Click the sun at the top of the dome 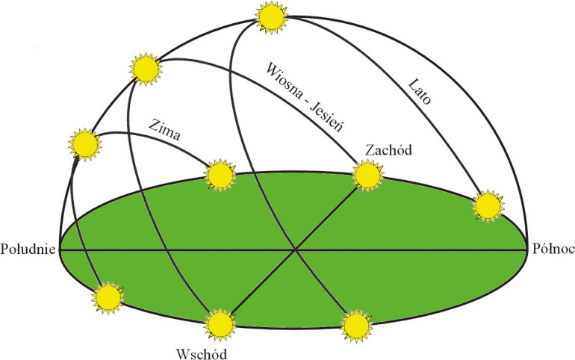(x=271, y=17)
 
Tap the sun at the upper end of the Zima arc (x=85, y=144)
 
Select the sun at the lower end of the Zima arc (x=220, y=176)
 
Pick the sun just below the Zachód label (x=368, y=176)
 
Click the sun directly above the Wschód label (x=220, y=325)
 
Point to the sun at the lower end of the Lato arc (x=488, y=206)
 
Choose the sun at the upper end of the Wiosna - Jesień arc (x=146, y=69)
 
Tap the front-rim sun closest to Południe (x=108, y=298)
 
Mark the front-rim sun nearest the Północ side (x=356, y=326)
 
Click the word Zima (x=164, y=129)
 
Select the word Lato (x=420, y=91)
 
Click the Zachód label (x=389, y=150)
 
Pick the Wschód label (x=202, y=354)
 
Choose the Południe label (x=28, y=249)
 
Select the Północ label (x=553, y=249)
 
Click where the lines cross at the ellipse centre (x=295, y=250)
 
